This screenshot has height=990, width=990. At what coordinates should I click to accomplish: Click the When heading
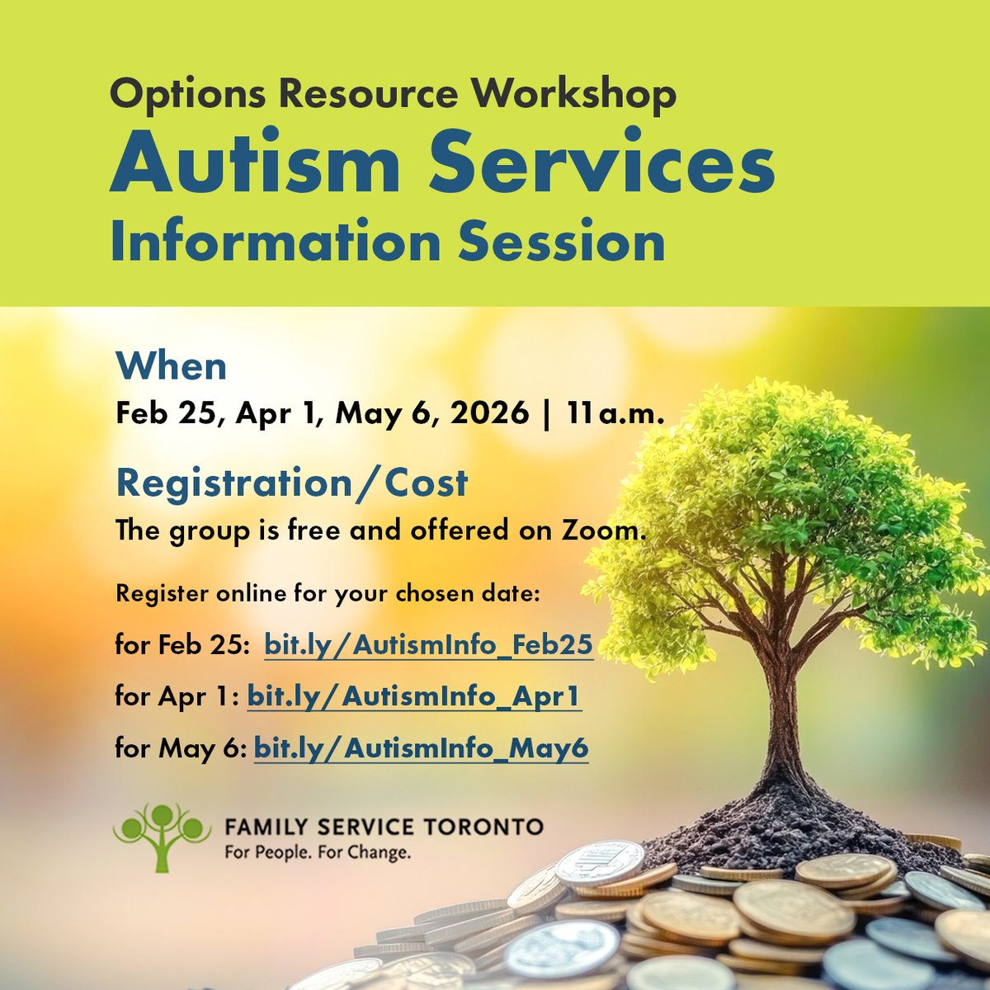[171, 366]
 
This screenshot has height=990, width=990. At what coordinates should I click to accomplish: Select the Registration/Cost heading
[291, 483]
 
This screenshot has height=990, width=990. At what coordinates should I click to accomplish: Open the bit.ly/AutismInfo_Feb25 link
[428, 645]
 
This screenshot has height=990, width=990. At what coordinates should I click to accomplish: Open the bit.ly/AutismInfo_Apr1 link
[414, 696]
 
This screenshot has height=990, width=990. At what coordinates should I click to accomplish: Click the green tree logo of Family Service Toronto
[158, 836]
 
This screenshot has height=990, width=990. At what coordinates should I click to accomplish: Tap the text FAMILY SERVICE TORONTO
[384, 826]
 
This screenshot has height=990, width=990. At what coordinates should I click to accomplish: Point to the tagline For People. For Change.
[318, 852]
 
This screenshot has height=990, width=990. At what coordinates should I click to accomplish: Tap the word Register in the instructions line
[161, 594]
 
